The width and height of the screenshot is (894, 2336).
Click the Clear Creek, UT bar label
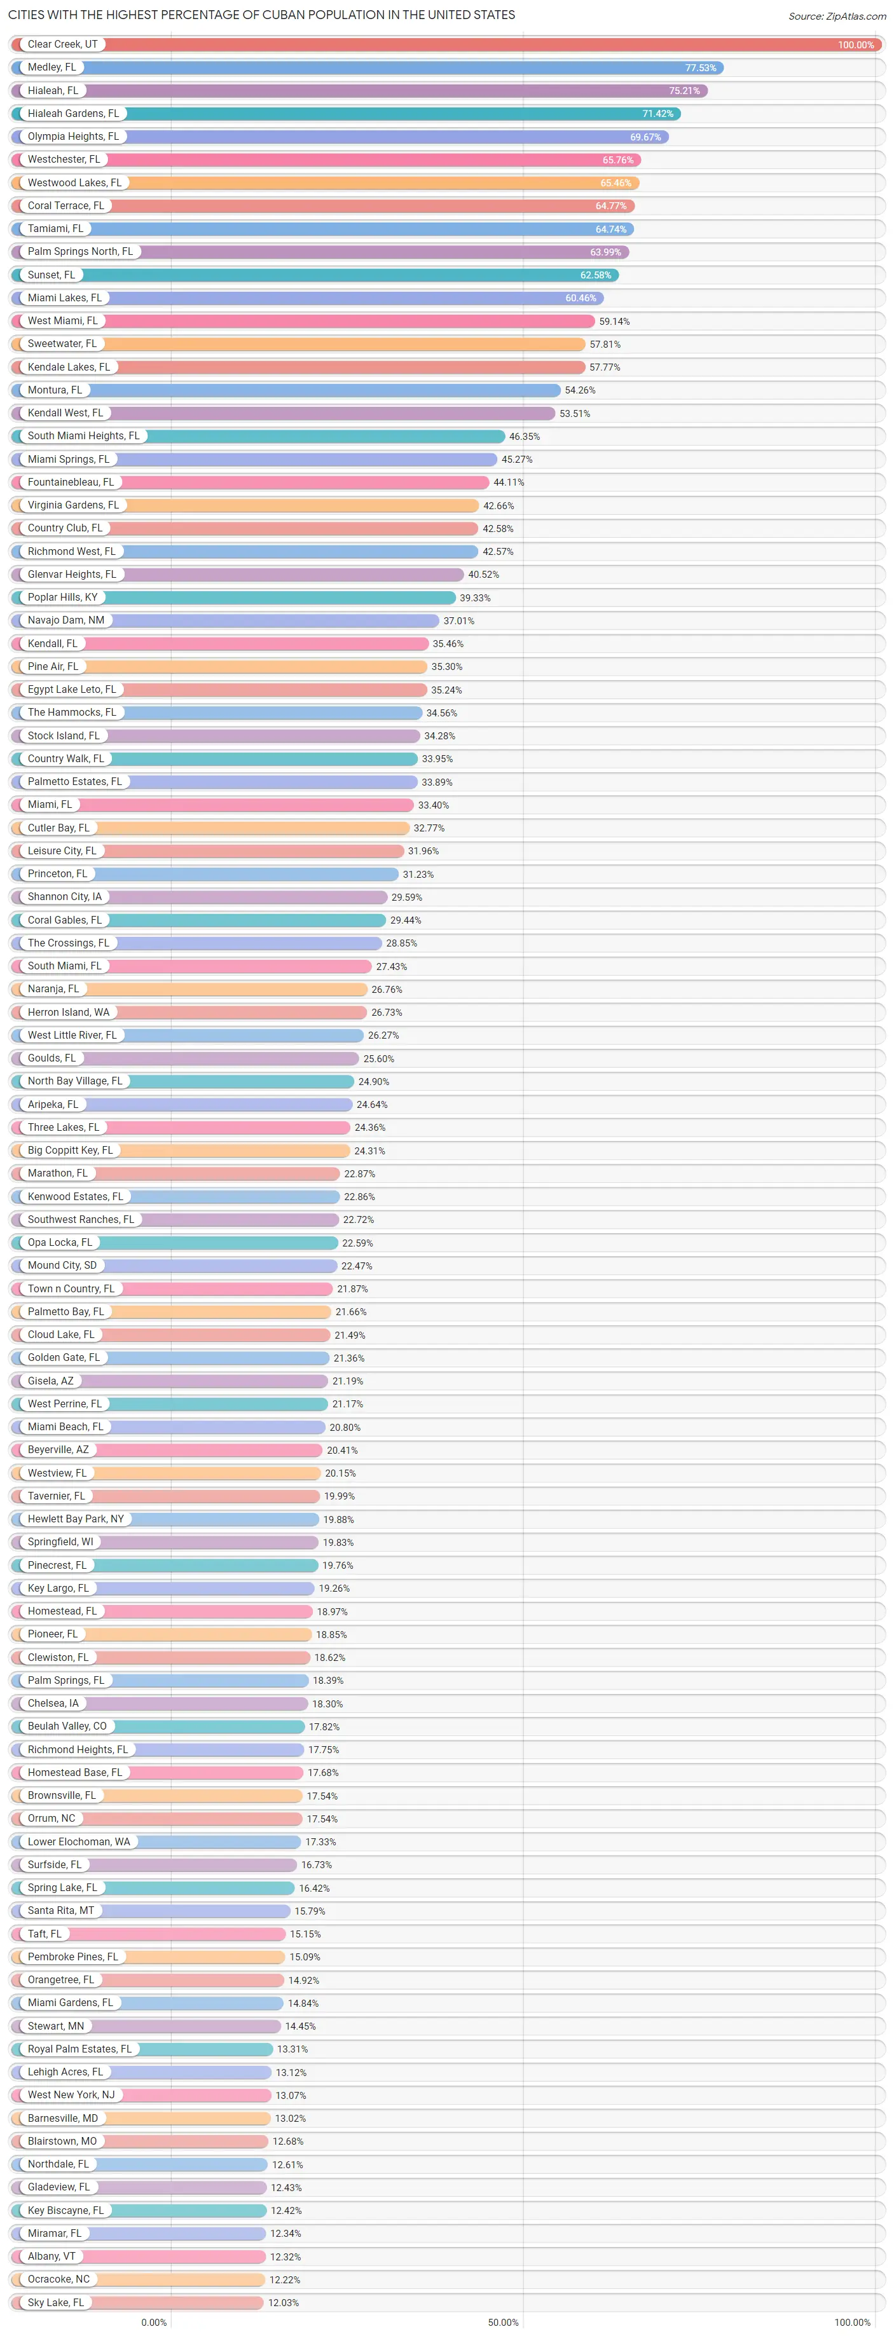coord(62,44)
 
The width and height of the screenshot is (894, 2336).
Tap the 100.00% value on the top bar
coord(855,45)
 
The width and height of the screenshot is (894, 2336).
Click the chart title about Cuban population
coord(261,15)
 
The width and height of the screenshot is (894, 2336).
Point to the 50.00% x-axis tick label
coord(503,2323)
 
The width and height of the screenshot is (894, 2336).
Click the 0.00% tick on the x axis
coord(154,2323)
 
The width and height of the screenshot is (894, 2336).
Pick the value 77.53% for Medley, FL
coord(700,68)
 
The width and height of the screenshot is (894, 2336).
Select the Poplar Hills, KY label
coord(62,598)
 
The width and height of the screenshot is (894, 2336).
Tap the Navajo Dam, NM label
coord(65,620)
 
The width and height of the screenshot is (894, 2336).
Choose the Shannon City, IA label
coord(64,897)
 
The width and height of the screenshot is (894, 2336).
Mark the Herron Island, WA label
coord(68,1012)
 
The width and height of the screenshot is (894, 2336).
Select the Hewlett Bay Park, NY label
coord(75,1519)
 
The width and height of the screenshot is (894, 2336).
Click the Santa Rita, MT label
coord(61,1911)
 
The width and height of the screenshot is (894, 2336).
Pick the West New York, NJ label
coord(71,2095)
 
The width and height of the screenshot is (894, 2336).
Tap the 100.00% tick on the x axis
coord(851,2323)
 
